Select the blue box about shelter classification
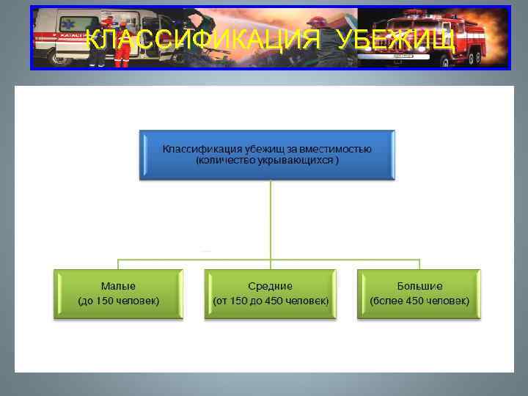pos(267,155)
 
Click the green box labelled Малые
pos(118,293)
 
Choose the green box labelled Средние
pos(270,293)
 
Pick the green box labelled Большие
pos(419,293)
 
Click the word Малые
pos(118,286)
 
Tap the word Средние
pos(270,286)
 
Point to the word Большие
pos(419,286)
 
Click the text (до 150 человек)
pos(118,301)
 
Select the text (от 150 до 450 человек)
pos(270,301)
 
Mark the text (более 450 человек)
pos(419,301)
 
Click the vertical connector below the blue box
pos(271,220)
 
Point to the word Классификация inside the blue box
pos(194,150)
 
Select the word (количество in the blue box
pos(223,161)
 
